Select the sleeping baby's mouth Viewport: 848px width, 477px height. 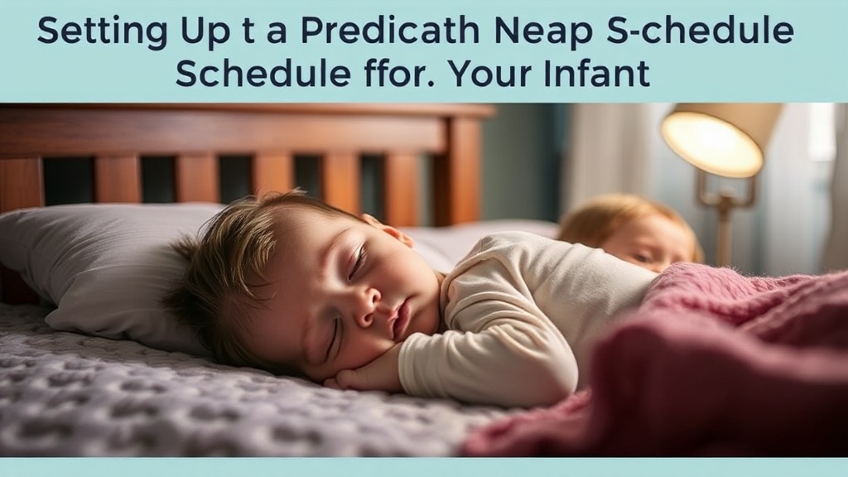[x=401, y=318]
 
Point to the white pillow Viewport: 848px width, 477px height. [x=91, y=265]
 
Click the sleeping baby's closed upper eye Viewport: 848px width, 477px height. [x=357, y=263]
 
